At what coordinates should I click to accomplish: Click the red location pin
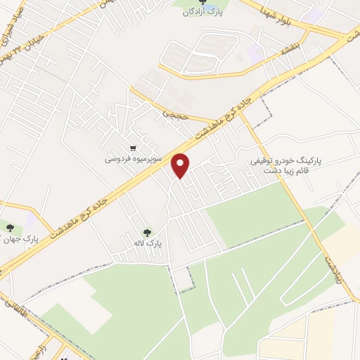pyautogui.click(x=181, y=165)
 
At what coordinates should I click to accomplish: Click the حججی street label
pyautogui.click(x=173, y=111)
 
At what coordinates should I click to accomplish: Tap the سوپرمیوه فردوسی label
pyautogui.click(x=134, y=160)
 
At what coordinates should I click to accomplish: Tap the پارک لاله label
pyautogui.click(x=150, y=243)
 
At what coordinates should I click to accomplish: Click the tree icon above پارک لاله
pyautogui.click(x=147, y=232)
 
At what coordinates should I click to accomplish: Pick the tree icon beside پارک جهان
pyautogui.click(x=11, y=228)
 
